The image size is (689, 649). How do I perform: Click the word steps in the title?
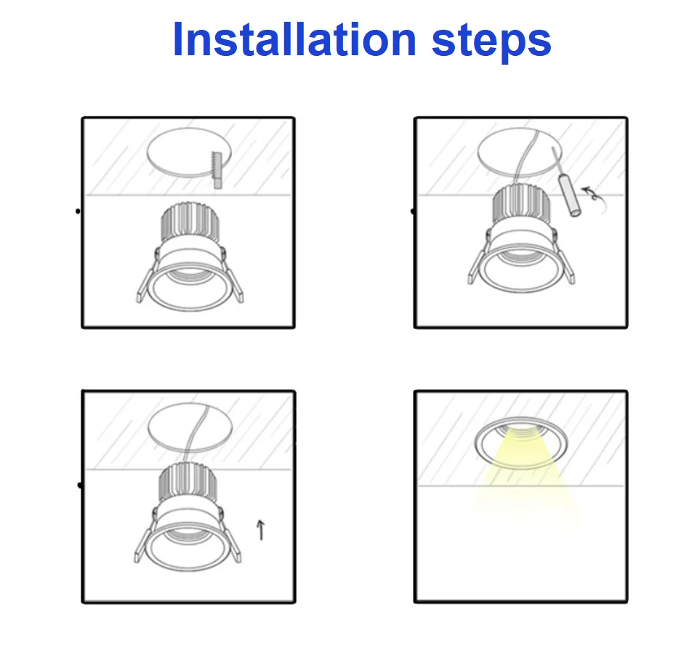[491, 41]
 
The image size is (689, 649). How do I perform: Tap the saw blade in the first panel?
[214, 170]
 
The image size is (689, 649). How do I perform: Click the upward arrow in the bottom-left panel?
[261, 530]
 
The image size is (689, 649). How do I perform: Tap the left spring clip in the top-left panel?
[145, 278]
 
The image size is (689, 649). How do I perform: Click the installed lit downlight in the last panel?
[520, 442]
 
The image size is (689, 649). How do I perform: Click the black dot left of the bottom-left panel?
[78, 485]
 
